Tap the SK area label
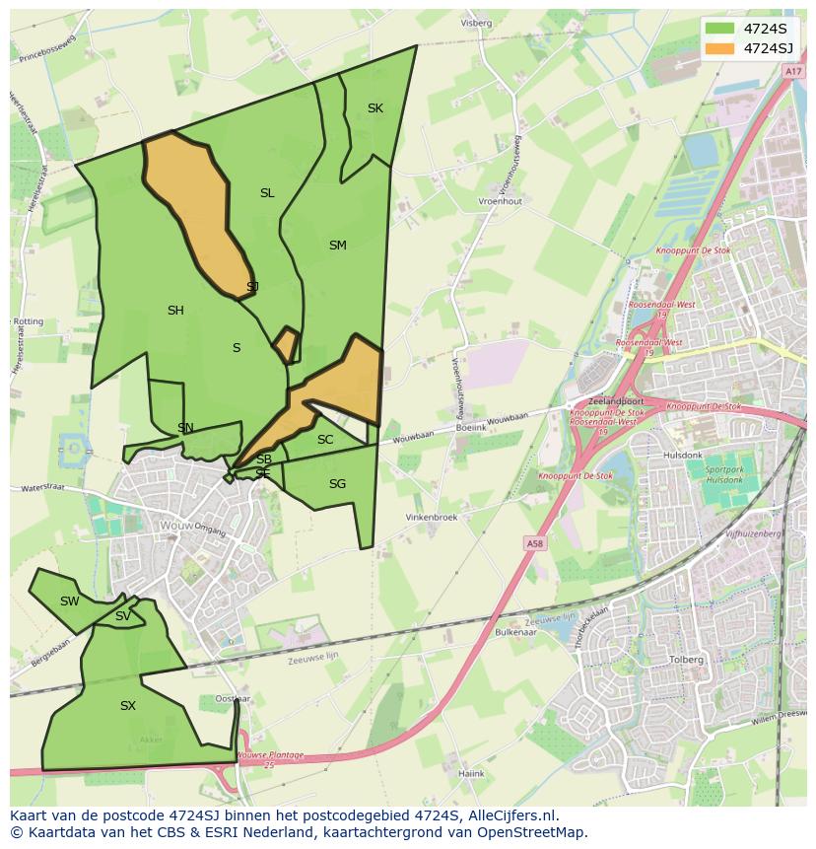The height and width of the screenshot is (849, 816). click(375, 108)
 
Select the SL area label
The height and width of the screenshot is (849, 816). click(267, 193)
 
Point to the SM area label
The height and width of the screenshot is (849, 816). click(338, 246)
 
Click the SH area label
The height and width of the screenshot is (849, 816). click(175, 311)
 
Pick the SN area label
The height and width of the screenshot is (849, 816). click(185, 428)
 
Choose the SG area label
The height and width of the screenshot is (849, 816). click(338, 484)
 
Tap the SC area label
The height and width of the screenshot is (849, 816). click(325, 440)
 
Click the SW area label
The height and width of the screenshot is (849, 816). click(69, 601)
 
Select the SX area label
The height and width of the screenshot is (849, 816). click(128, 706)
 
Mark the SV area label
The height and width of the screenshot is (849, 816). click(123, 617)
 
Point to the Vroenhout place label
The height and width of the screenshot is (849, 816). click(500, 201)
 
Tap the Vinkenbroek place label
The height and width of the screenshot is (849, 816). click(433, 518)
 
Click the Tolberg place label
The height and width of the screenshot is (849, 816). click(686, 660)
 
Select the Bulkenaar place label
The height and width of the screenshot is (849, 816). click(514, 632)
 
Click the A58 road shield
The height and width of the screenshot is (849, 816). click(534, 543)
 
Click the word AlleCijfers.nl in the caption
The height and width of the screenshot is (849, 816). click(511, 815)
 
